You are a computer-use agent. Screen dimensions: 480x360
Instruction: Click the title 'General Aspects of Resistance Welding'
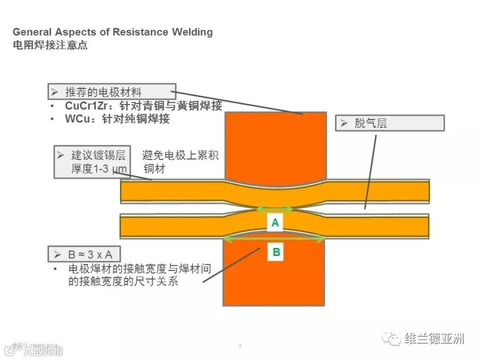(113, 32)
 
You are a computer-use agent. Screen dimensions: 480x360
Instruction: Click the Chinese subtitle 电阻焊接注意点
(50, 45)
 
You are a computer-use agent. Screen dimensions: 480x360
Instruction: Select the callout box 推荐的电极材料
(111, 92)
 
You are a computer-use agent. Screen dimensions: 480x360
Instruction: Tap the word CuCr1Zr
(87, 106)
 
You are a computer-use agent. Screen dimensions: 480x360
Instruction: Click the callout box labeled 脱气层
(389, 123)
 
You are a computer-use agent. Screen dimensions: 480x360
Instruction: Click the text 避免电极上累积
(180, 156)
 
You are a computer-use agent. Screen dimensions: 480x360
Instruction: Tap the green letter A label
(275, 223)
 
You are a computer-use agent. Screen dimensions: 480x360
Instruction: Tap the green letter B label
(276, 252)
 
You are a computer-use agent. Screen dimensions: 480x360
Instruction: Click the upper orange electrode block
(276, 144)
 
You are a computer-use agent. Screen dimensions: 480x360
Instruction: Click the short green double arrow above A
(275, 209)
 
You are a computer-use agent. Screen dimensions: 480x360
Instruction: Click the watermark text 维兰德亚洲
(434, 339)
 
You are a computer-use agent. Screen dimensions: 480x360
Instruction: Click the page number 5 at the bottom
(240, 346)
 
